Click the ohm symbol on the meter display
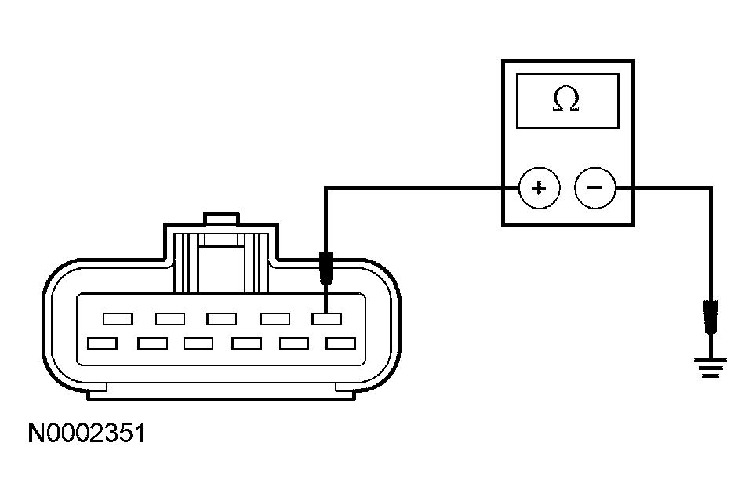566,100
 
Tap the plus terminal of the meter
539,188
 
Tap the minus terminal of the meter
595,188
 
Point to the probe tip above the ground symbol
711,317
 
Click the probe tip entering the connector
325,268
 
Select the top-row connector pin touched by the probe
326,318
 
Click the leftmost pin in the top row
118,318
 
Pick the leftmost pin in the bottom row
103,343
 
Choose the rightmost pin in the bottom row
341,343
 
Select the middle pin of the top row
222,318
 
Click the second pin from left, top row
170,318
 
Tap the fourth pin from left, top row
275,318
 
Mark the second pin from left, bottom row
151,343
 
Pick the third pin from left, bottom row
198,343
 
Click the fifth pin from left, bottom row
294,343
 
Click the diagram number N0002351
86,433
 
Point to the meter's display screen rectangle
567,100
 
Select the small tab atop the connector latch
220,218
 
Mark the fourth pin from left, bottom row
246,343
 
